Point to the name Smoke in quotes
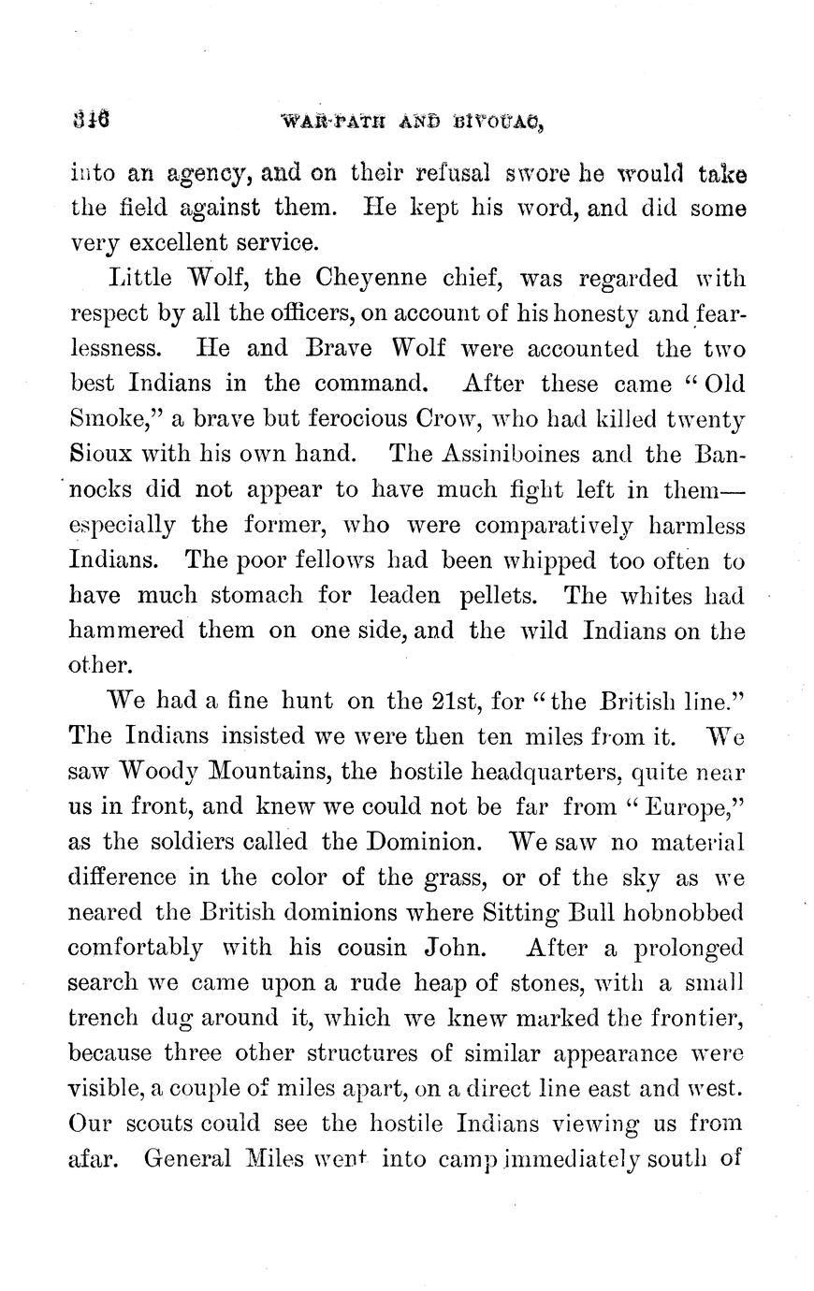[x=108, y=418]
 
